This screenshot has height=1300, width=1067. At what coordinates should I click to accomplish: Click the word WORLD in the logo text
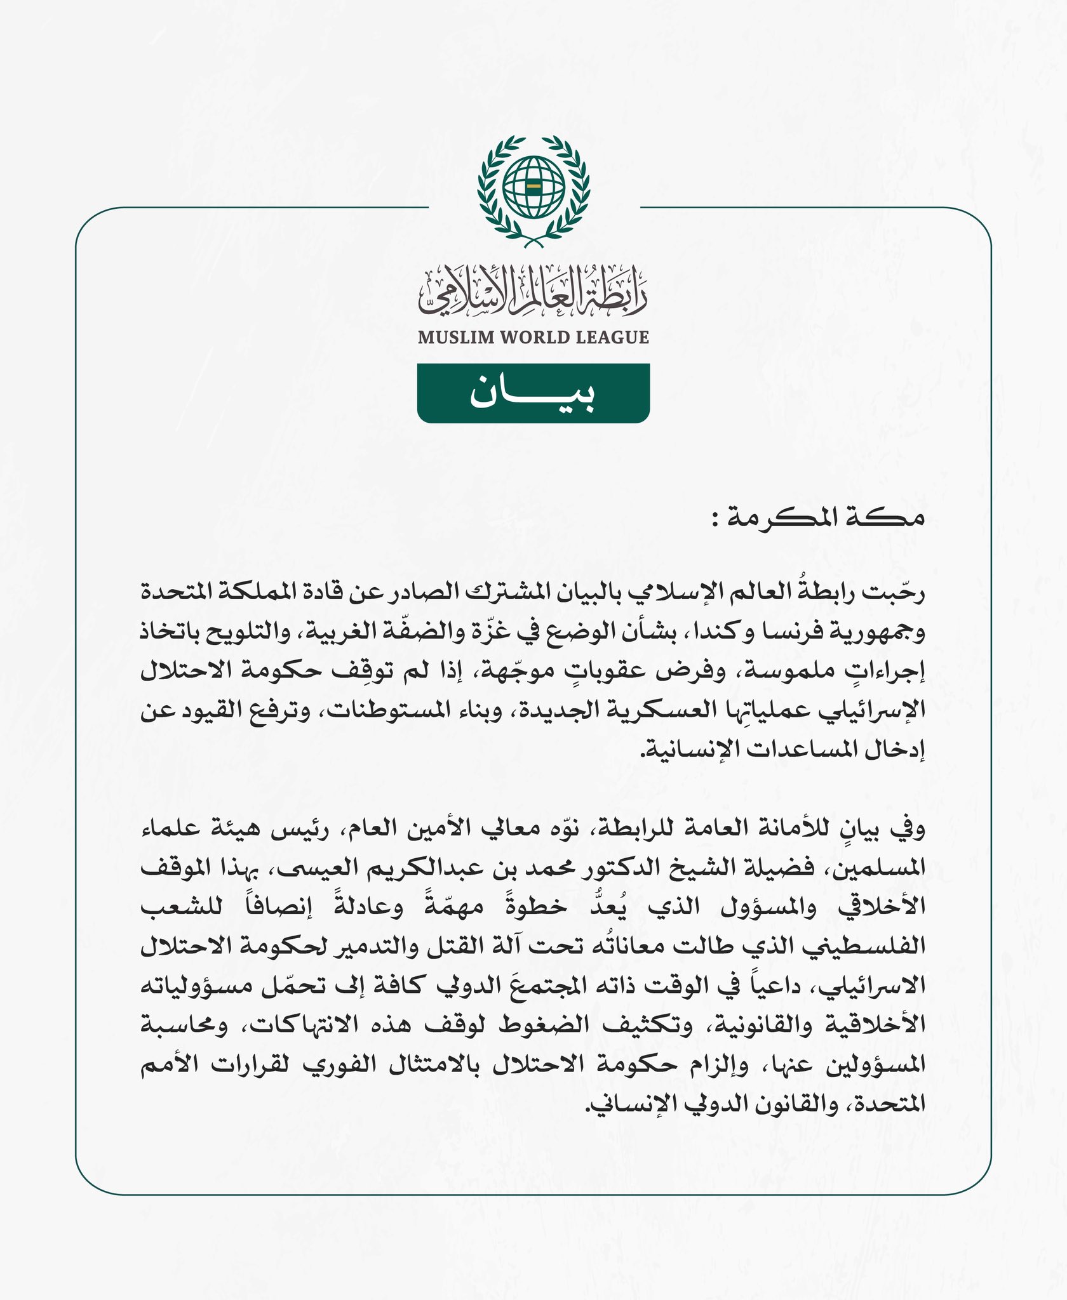535,337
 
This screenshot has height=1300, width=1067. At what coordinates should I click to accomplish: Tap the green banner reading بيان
533,393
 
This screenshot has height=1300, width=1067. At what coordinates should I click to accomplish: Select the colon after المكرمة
716,521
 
